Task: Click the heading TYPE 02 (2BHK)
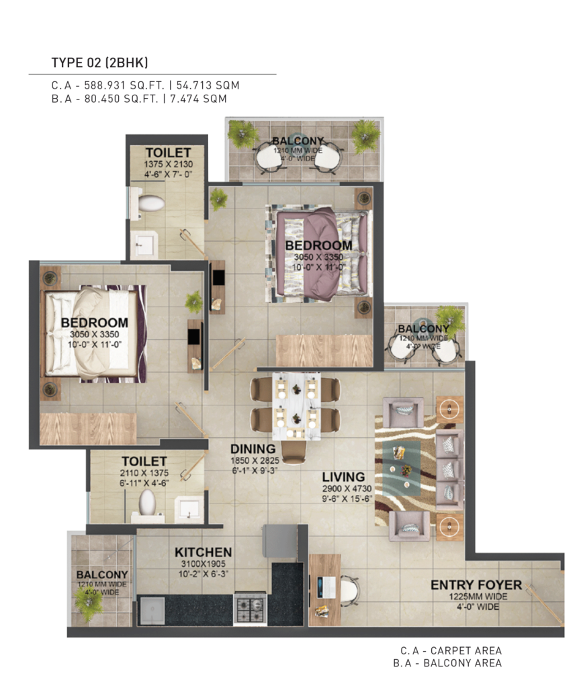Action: [99, 62]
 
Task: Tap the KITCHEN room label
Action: [203, 552]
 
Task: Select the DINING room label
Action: [253, 449]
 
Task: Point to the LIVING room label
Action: [343, 477]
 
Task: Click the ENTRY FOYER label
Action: [476, 585]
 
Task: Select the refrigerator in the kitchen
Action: [280, 540]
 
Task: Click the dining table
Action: [296, 406]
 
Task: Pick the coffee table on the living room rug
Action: [402, 468]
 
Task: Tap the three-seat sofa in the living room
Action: [449, 470]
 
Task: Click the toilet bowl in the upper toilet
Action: [150, 203]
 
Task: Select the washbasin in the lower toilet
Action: [189, 509]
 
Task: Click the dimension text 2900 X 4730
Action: [347, 489]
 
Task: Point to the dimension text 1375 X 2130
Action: [169, 164]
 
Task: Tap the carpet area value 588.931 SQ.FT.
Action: [124, 85]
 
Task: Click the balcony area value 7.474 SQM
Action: [198, 99]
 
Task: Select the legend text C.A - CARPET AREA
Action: [451, 650]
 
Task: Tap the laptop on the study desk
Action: [326, 587]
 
